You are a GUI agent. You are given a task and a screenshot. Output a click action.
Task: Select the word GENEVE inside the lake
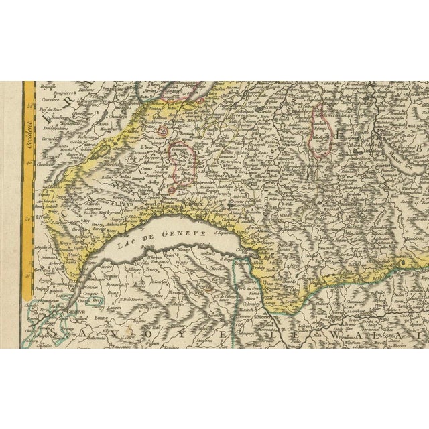180,230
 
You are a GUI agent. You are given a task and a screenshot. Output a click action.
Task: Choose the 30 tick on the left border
27,218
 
